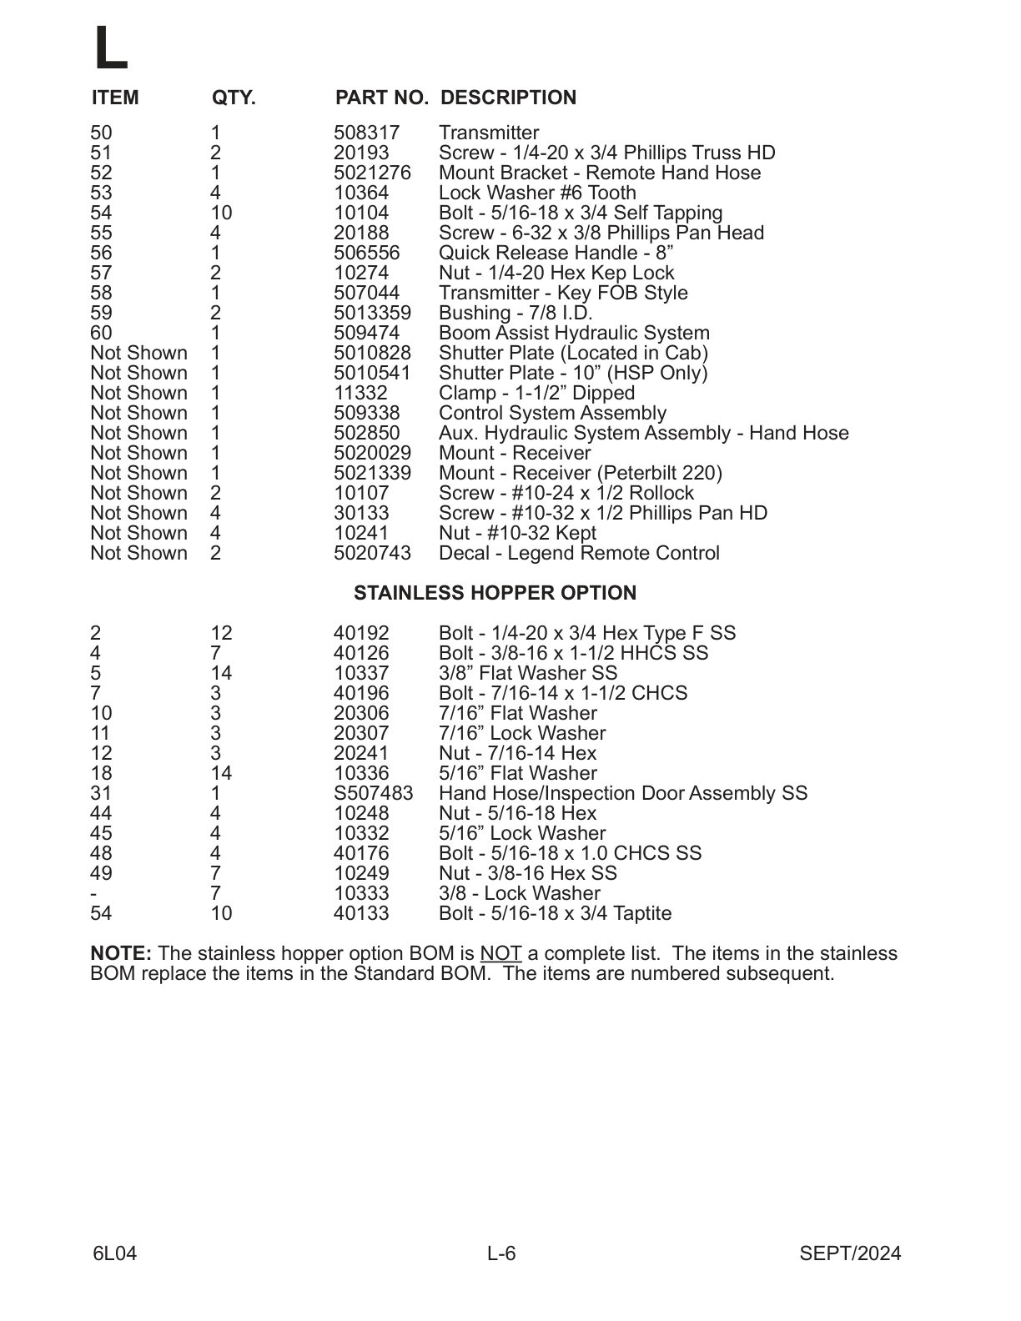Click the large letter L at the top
[x=110, y=48]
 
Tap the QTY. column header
[x=234, y=98]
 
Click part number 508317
[x=366, y=133]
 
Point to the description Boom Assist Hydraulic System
[x=574, y=333]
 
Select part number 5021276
[x=372, y=173]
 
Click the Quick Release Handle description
[x=556, y=253]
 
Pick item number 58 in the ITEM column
[x=101, y=293]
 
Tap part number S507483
[x=373, y=793]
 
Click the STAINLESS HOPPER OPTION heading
[x=495, y=593]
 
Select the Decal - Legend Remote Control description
[x=579, y=553]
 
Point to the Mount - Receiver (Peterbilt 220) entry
[x=580, y=473]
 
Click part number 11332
[x=360, y=393]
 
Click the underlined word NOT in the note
[x=500, y=953]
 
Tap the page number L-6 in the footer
[x=501, y=1253]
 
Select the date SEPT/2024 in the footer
[x=850, y=1253]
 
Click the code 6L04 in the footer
[x=115, y=1253]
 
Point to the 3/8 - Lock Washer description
[x=519, y=893]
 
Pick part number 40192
[x=361, y=633]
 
